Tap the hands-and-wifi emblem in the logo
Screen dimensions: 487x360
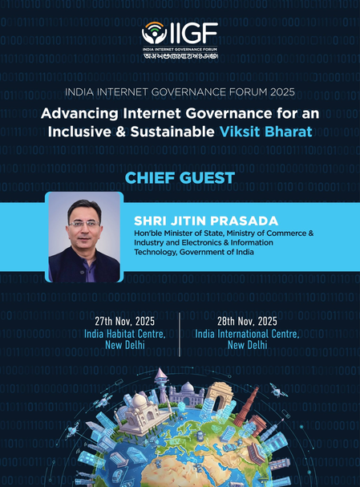pos(154,34)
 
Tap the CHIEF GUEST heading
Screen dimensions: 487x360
pos(180,177)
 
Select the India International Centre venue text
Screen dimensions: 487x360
pos(247,333)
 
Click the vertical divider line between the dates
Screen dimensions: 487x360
pos(180,332)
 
